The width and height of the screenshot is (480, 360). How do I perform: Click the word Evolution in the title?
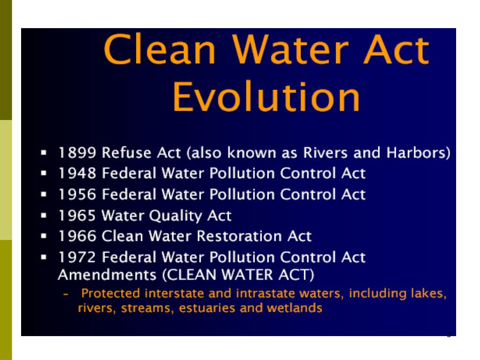click(266, 97)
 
